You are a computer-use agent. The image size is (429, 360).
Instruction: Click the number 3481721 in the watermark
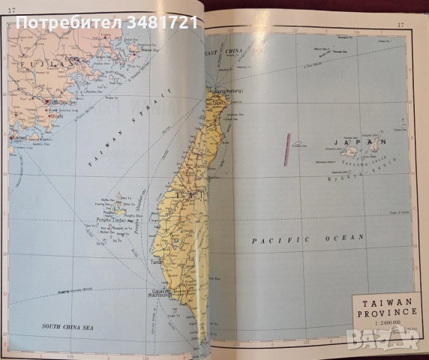click(163, 22)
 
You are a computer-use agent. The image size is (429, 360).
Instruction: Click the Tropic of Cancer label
click(391, 211)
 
